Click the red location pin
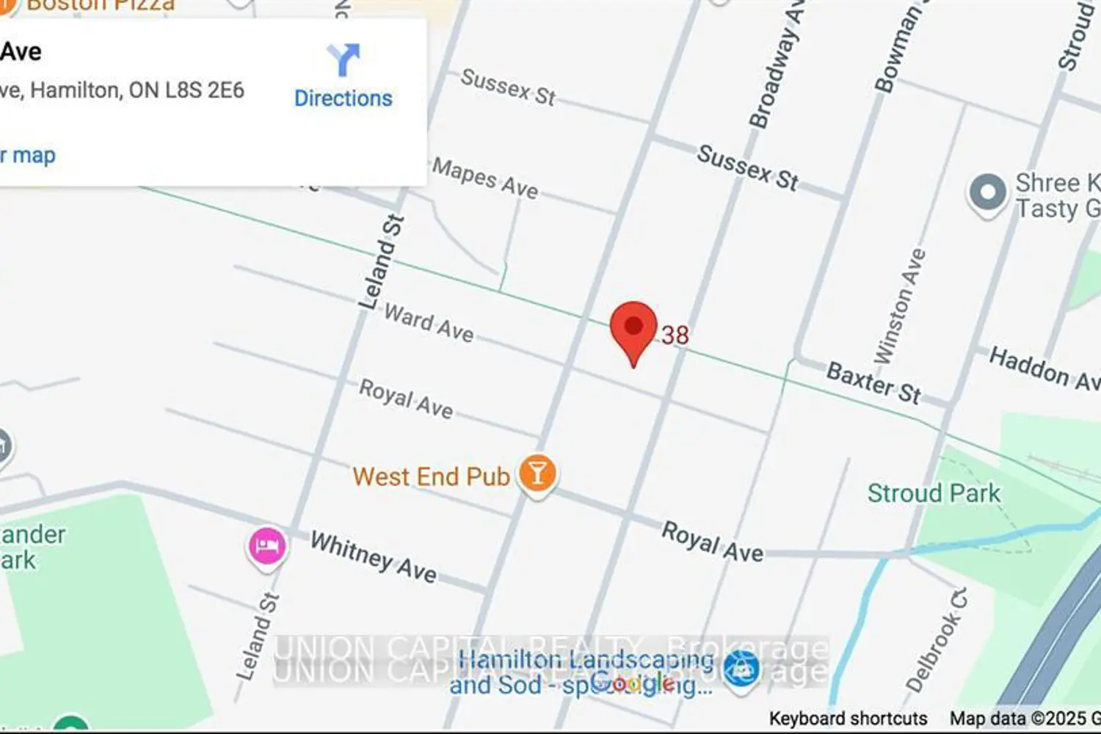point(633,328)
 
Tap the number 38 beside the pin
point(675,335)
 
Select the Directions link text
point(344,98)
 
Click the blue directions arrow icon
point(343,59)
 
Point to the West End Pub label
point(431,476)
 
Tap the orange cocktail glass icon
point(537,473)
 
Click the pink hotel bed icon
point(266,545)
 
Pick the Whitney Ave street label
point(373,556)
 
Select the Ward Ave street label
point(429,323)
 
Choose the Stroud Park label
point(934,493)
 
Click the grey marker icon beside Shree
point(988,194)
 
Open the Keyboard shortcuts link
point(848,718)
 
